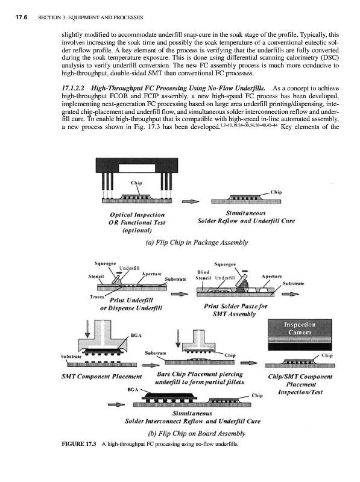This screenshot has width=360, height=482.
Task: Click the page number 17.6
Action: (21, 17)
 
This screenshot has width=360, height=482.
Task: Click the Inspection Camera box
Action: (300, 335)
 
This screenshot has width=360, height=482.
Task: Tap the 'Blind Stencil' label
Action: (203, 275)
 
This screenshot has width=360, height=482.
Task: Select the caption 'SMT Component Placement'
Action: (101, 376)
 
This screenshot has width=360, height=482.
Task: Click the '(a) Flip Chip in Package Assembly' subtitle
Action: (197, 243)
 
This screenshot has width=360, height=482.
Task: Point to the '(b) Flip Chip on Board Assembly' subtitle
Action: (197, 433)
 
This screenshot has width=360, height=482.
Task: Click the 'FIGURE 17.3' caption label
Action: (79, 443)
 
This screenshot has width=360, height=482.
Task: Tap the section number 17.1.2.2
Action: (73, 89)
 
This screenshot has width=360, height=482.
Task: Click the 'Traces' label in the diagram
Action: (96, 296)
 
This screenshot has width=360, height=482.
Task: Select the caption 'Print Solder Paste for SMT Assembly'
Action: (236, 310)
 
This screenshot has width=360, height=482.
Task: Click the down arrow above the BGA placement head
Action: (87, 328)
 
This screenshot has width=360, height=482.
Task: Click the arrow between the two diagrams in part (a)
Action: (191, 202)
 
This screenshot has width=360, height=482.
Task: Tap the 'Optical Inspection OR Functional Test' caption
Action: (137, 222)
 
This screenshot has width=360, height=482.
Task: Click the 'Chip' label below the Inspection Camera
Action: (327, 355)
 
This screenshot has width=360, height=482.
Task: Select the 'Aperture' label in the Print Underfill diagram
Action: (151, 274)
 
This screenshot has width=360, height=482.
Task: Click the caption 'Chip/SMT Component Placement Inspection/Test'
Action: (300, 384)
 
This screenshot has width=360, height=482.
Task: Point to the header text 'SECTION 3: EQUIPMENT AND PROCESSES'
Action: (90, 17)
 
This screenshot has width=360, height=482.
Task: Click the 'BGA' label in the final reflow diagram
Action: (132, 389)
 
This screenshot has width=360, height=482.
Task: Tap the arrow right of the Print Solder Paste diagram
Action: (290, 294)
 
